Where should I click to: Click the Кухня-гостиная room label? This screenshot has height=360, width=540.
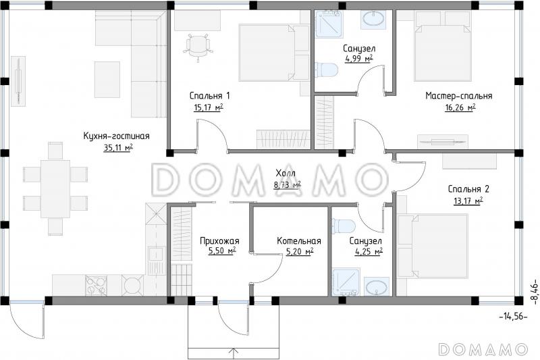[116, 136]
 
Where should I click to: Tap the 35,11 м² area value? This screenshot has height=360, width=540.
[118, 148]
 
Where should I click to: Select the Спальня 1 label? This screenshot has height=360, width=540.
[209, 95]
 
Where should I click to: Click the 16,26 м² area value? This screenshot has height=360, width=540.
[460, 108]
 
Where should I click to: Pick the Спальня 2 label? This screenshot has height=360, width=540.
[468, 189]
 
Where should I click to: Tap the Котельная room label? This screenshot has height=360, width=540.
[299, 241]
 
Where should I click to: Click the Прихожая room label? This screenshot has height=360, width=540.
[219, 241]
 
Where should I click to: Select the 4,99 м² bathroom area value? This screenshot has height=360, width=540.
[359, 59]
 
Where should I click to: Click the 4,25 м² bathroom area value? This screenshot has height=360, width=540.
[369, 252]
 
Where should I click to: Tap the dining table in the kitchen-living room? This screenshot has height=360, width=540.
[55, 189]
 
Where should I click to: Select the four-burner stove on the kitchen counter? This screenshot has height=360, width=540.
[96, 285]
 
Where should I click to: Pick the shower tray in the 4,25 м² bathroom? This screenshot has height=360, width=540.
[346, 282]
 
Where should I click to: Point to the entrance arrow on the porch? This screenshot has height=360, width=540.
[234, 353]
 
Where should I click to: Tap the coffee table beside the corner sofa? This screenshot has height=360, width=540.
[107, 80]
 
